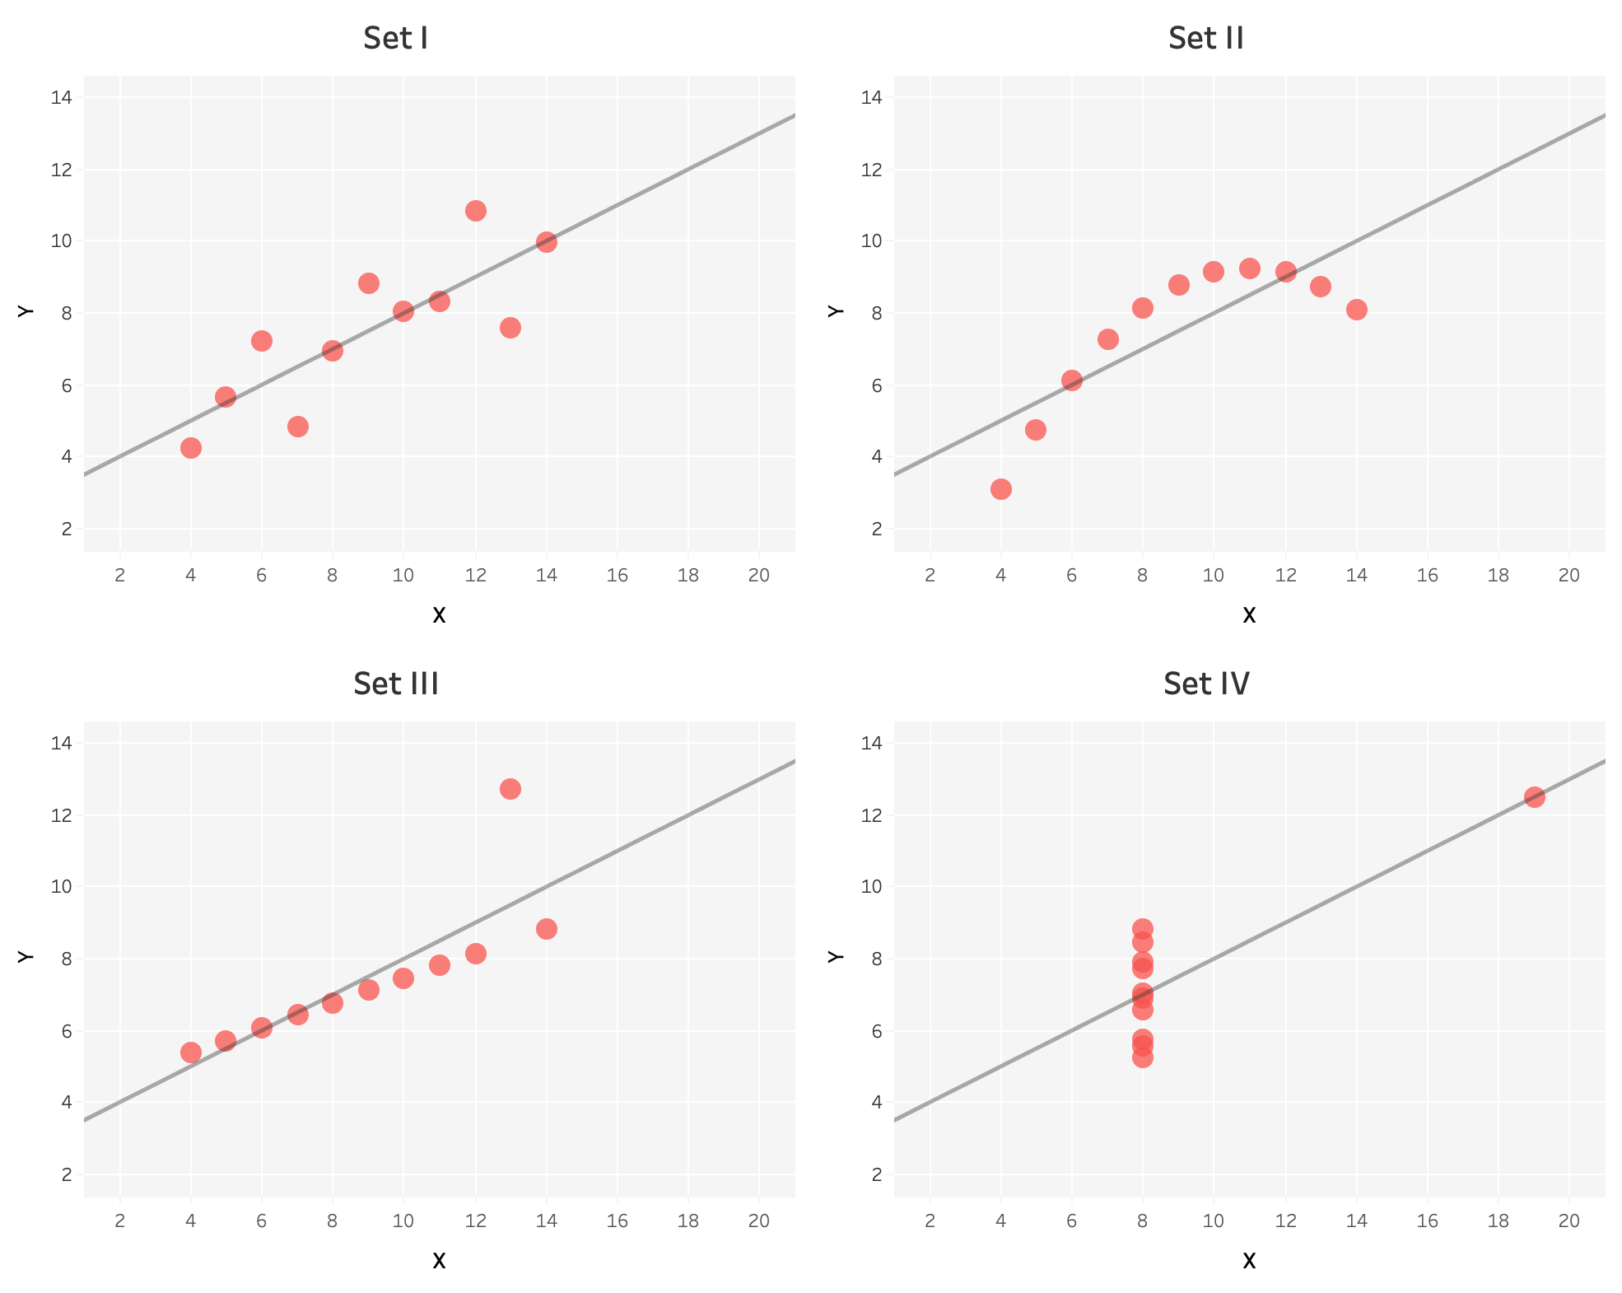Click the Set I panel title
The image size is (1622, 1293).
[395, 39]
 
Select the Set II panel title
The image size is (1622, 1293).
[1205, 39]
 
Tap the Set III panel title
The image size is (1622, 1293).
[395, 684]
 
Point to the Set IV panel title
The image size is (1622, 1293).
[1206, 684]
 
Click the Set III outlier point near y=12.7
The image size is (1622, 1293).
[510, 789]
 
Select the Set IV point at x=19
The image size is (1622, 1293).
[1534, 797]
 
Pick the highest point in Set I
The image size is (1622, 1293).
[475, 211]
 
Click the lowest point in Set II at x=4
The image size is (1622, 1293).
[1001, 489]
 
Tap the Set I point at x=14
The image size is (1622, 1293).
[547, 242]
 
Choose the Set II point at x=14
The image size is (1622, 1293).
[1357, 310]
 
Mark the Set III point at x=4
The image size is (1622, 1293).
[191, 1053]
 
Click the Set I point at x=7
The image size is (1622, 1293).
[298, 427]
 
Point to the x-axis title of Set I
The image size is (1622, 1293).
[439, 615]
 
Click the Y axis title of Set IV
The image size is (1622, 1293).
[836, 956]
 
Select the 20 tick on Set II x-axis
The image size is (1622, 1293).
[1569, 576]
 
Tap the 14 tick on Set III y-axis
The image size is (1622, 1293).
[63, 744]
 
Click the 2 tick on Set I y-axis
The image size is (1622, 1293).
[67, 529]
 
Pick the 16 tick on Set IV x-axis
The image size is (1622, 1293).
[1428, 1221]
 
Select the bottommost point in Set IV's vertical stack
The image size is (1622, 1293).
[1143, 1057]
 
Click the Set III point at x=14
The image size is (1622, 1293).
[547, 929]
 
